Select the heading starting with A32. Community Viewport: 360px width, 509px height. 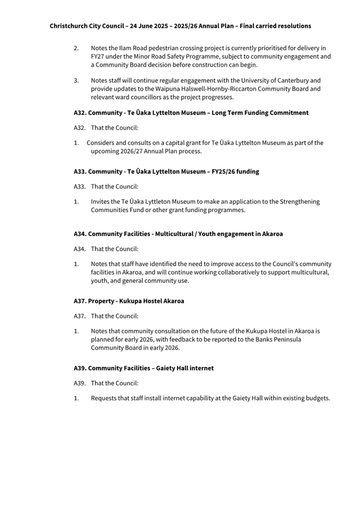191,113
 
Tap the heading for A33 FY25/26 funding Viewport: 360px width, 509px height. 166,172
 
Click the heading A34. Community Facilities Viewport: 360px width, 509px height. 178,234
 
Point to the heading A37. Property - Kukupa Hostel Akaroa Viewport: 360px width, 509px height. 129,301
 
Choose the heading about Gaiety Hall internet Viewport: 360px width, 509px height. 143,368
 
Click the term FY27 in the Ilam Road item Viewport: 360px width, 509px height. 98,56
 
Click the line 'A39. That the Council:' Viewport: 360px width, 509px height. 106,383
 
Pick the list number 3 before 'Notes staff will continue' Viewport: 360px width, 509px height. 76,80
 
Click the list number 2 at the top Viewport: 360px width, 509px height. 76,49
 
